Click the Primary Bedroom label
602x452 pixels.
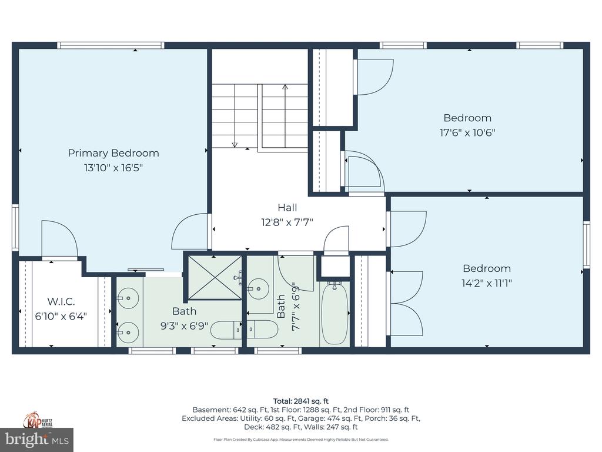tap(113, 154)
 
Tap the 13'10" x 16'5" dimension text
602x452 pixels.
tap(113, 168)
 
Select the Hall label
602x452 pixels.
tap(287, 208)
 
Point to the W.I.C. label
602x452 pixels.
tap(61, 301)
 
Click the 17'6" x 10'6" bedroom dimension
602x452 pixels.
tap(467, 132)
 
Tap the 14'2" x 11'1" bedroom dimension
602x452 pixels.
tap(486, 283)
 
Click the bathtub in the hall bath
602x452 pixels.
tap(335, 313)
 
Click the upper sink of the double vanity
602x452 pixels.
tap(128, 298)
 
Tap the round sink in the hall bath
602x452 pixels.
tap(257, 288)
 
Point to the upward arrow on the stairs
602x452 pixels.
tap(285, 115)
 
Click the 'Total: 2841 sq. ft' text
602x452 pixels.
tap(300, 401)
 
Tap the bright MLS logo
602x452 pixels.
tap(37, 439)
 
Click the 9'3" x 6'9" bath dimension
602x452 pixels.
tap(184, 326)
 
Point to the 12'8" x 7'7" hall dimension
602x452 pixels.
tap(287, 222)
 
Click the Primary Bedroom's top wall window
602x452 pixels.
tap(111, 45)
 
